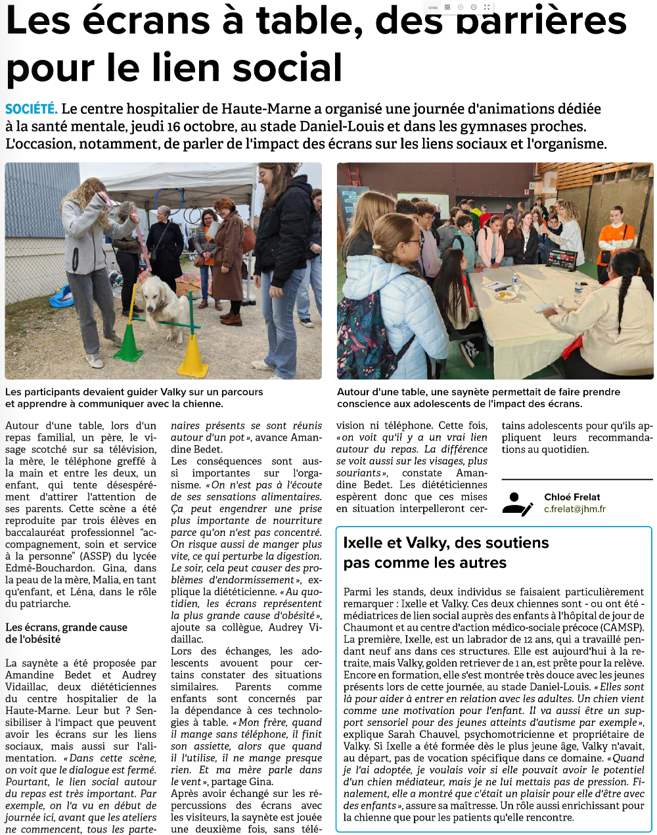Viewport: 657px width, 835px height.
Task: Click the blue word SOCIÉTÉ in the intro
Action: [x=31, y=109]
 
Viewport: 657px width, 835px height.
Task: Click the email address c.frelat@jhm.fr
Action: [x=574, y=509]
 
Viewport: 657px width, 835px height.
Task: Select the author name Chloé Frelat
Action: [x=572, y=497]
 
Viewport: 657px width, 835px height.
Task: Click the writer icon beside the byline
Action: [x=517, y=504]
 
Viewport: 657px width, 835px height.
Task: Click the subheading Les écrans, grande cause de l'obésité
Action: [x=66, y=633]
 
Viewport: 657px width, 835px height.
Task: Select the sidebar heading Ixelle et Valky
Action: [x=445, y=543]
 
